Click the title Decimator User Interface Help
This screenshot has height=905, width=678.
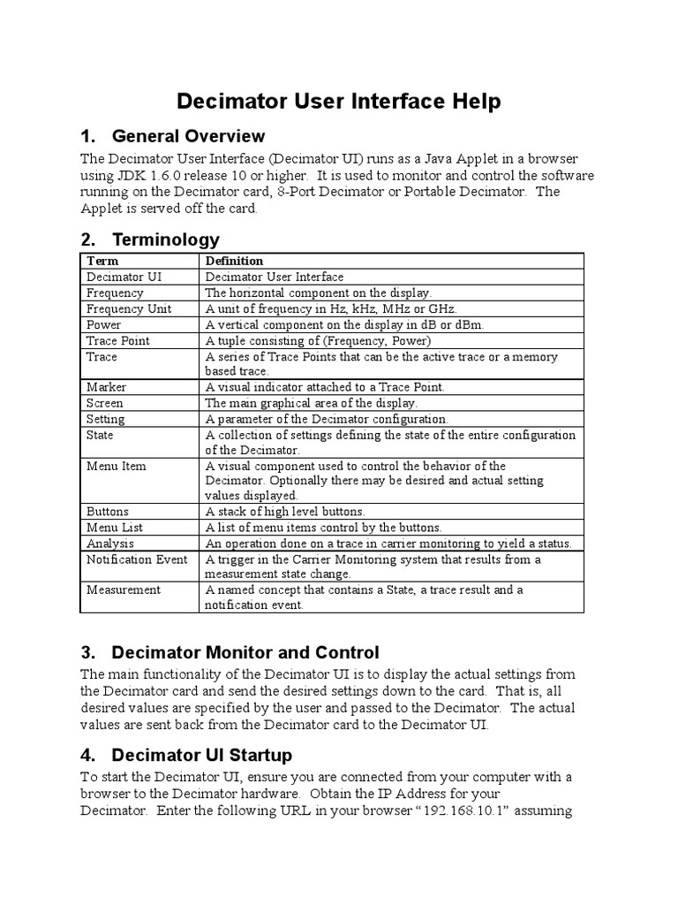(339, 102)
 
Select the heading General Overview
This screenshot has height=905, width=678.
(188, 136)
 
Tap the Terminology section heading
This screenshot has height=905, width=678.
(165, 240)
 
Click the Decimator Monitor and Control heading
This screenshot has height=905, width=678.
(245, 653)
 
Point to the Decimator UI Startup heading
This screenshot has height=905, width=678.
(201, 756)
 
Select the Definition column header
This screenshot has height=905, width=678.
(234, 261)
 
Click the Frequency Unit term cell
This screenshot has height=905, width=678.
(129, 308)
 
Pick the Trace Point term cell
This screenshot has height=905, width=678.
(118, 340)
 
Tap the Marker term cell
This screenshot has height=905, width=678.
(107, 387)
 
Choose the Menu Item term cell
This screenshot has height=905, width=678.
(117, 466)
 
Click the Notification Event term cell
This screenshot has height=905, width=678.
(137, 559)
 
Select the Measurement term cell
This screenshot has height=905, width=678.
(124, 589)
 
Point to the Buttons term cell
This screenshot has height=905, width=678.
(108, 511)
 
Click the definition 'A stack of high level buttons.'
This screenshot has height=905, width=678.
(285, 511)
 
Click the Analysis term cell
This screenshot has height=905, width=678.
(110, 543)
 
